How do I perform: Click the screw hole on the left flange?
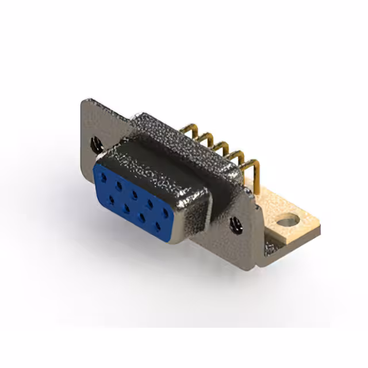coord(97,144)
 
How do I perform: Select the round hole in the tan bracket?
coord(286,220)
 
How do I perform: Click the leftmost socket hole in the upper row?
coord(104,177)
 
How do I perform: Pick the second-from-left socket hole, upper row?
coord(118,185)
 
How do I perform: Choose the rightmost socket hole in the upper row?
coord(165,212)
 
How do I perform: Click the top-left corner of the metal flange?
coord(85,102)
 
